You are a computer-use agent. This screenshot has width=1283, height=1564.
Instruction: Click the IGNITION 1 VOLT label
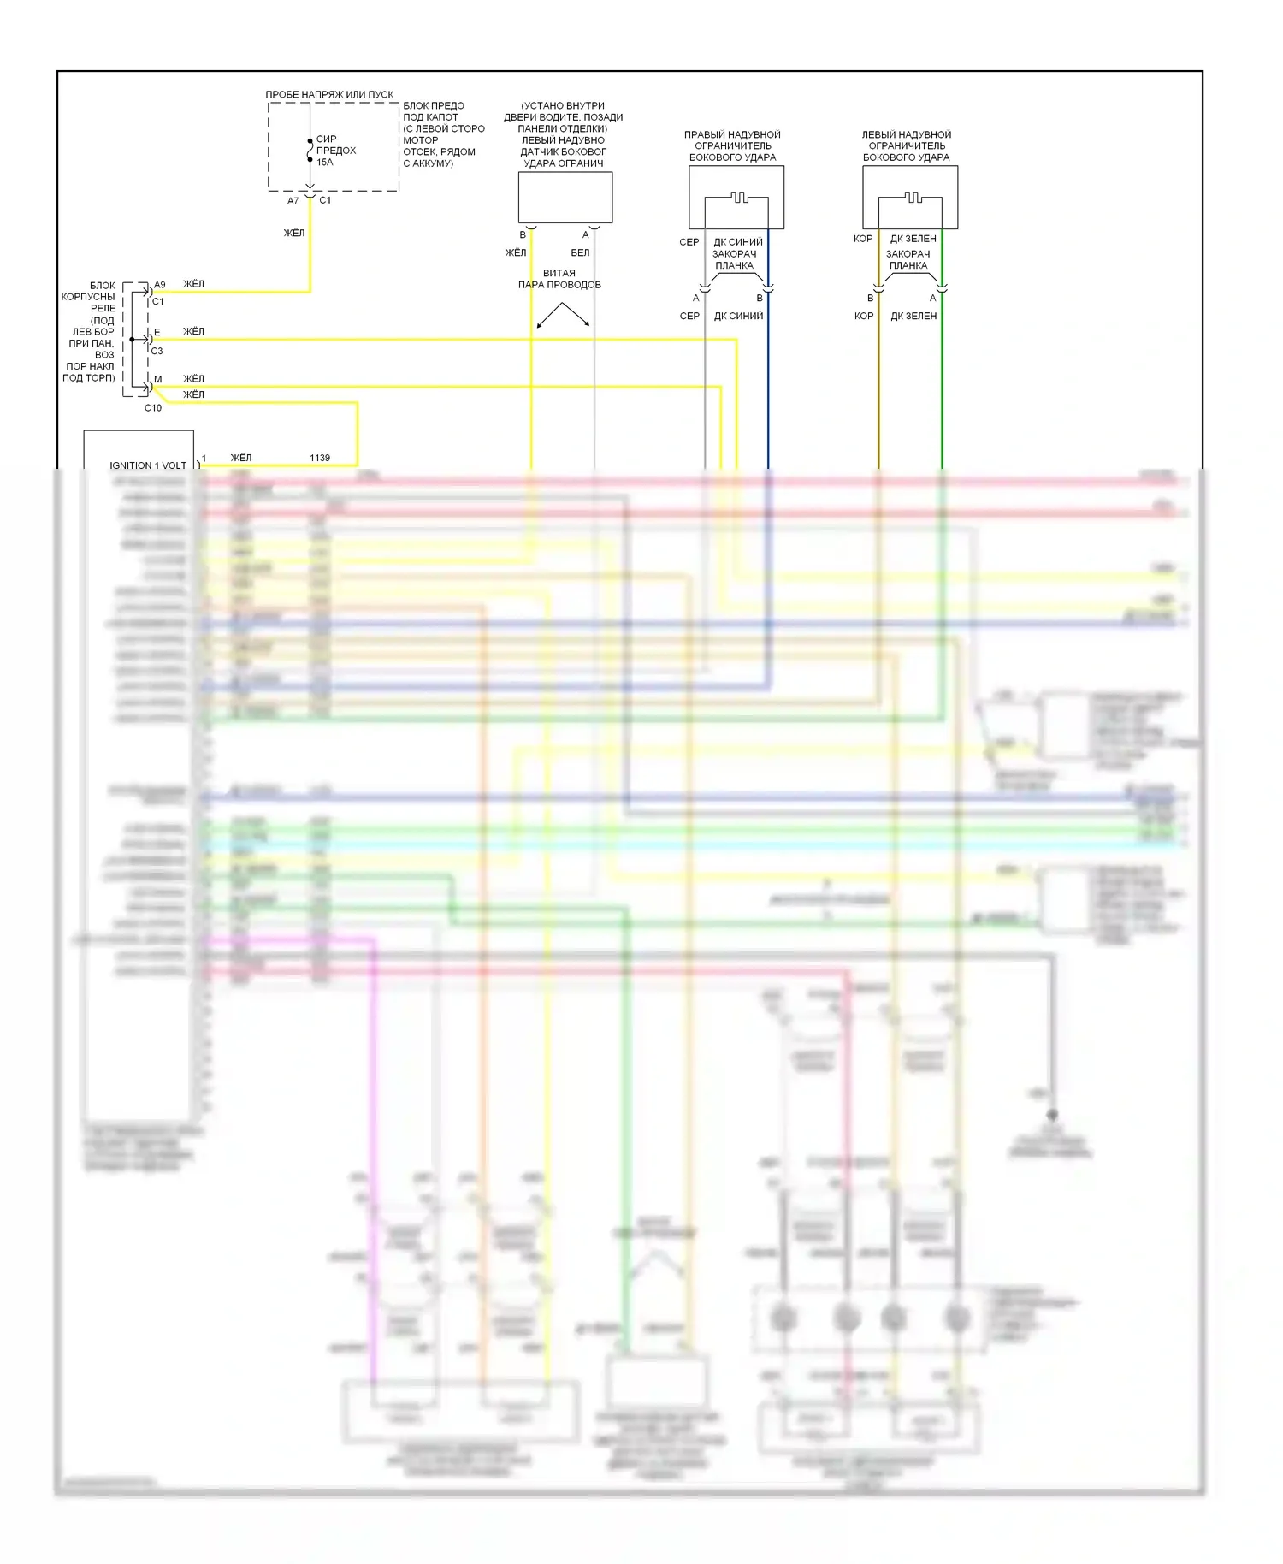click(x=148, y=465)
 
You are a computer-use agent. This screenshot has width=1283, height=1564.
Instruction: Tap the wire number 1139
click(x=320, y=458)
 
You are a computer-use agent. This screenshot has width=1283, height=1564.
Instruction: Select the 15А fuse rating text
click(x=325, y=162)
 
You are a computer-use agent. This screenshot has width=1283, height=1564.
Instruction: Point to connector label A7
click(x=293, y=201)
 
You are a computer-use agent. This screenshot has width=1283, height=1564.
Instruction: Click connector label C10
click(x=153, y=408)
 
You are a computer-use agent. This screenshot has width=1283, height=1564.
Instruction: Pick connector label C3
click(x=157, y=351)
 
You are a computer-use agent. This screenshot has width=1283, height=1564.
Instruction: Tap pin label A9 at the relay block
click(x=160, y=285)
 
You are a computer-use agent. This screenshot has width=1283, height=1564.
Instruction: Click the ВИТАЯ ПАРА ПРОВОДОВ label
click(x=559, y=279)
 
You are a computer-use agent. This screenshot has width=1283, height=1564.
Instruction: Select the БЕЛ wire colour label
click(x=580, y=252)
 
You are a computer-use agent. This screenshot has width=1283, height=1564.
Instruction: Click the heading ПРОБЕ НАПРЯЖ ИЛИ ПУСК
click(x=329, y=94)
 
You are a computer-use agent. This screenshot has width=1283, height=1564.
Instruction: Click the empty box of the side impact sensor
click(x=565, y=197)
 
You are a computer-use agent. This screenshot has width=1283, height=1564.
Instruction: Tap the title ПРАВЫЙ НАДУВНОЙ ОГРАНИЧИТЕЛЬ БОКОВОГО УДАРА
click(x=733, y=145)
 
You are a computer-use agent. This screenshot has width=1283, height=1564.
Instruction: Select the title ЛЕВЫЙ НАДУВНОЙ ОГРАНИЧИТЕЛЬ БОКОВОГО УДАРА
click(x=907, y=145)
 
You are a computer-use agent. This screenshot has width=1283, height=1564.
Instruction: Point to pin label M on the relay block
click(x=158, y=379)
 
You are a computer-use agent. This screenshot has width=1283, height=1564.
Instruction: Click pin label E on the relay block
click(x=157, y=332)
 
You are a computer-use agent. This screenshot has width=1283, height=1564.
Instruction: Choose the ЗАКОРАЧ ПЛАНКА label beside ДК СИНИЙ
click(x=735, y=259)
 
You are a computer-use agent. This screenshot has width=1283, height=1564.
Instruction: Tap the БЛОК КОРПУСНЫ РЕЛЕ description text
click(x=90, y=332)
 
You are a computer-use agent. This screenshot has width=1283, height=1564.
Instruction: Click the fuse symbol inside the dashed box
click(x=310, y=151)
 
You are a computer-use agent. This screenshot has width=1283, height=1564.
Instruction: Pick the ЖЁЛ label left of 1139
click(x=241, y=458)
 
